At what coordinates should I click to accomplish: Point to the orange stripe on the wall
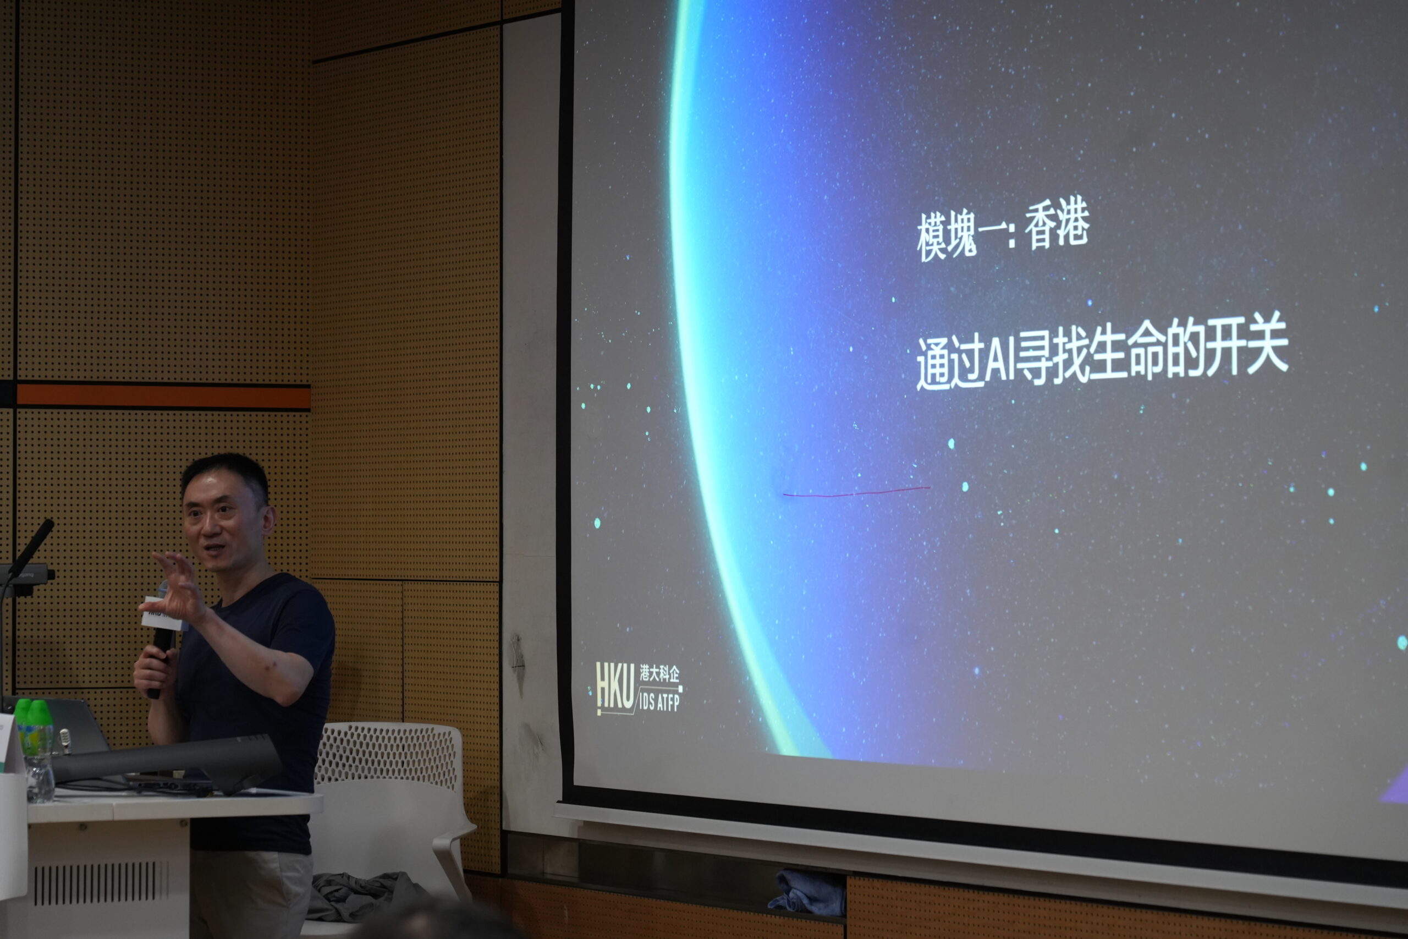pyautogui.click(x=163, y=396)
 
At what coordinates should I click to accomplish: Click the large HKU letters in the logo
pyautogui.click(x=615, y=688)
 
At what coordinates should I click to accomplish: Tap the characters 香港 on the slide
pyautogui.click(x=1057, y=223)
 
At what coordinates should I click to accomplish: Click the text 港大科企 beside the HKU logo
pyautogui.click(x=659, y=673)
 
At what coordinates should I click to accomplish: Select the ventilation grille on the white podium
pyautogui.click(x=101, y=883)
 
